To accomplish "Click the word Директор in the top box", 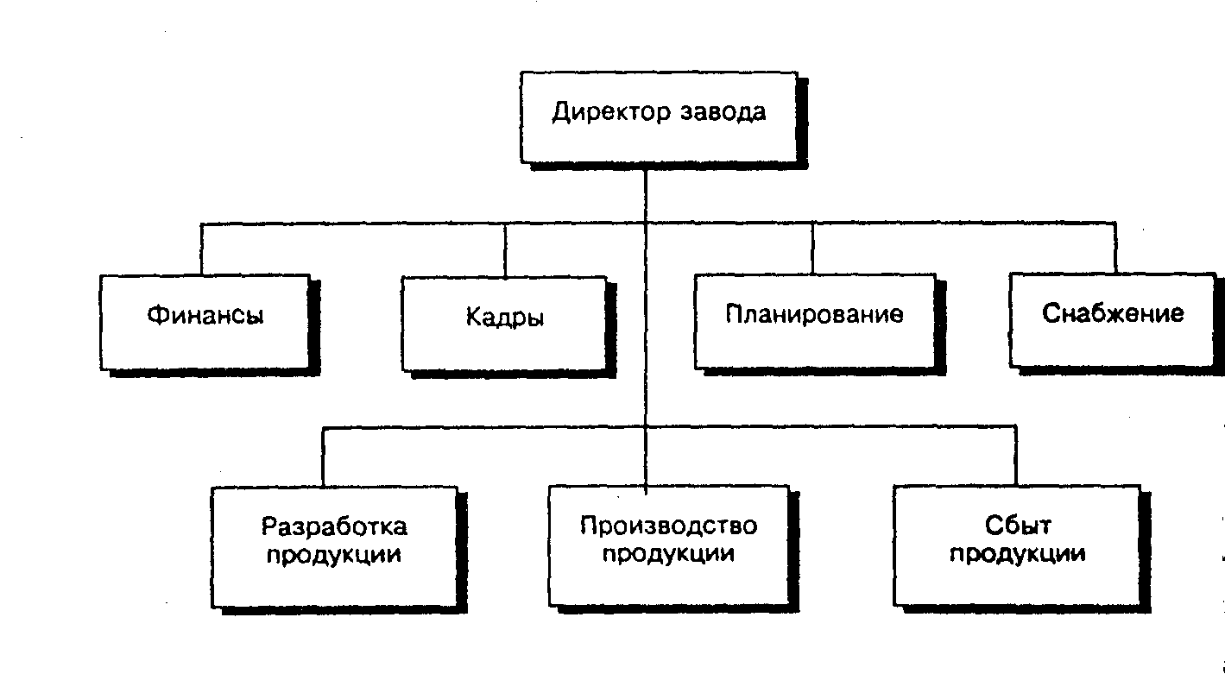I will point(609,113).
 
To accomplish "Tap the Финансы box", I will point(205,321).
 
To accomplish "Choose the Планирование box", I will point(814,320).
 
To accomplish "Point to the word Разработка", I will point(334,526).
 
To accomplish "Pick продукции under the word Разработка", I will point(334,554).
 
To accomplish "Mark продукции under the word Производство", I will point(668,554).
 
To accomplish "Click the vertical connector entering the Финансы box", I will point(202,249).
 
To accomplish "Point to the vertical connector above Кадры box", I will point(506,249).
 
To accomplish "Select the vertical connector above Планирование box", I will point(811,249).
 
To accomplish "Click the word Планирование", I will point(814,314).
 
